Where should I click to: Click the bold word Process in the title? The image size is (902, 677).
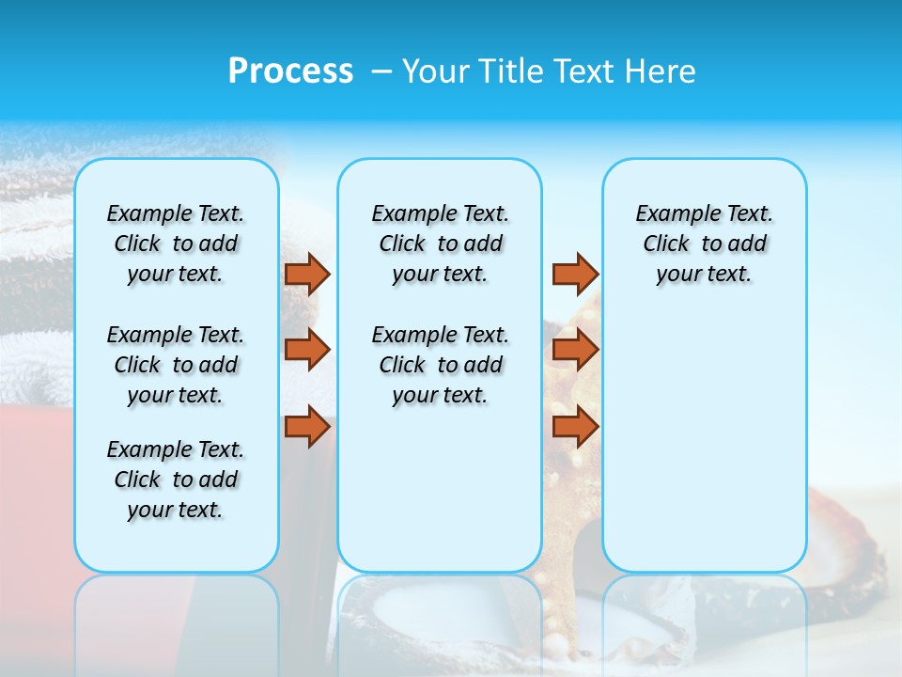point(290,71)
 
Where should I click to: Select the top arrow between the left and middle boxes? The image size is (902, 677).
point(307,274)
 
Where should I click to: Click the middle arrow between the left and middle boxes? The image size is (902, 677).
point(307,350)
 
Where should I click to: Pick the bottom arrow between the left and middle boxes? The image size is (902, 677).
point(307,427)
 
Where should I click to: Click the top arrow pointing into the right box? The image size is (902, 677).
point(575,274)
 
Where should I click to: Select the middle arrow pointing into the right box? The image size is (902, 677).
point(575,350)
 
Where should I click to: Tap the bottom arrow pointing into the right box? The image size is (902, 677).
point(575,427)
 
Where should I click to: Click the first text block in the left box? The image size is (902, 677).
point(176,244)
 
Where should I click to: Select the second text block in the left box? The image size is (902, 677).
point(176,365)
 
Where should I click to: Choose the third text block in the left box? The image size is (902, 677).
point(176,480)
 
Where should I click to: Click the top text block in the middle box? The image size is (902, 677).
point(440,244)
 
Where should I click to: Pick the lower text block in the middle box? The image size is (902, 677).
point(440,365)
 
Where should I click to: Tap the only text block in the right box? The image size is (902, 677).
point(704,244)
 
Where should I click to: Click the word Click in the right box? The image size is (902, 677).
point(666,244)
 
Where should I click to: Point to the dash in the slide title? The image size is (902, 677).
point(381,71)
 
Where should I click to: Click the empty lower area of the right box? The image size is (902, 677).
point(704,442)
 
